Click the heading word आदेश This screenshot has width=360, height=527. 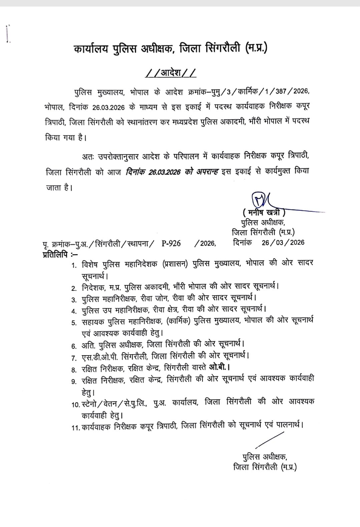pyautogui.click(x=171, y=73)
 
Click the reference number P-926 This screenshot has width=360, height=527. pyautogui.click(x=171, y=243)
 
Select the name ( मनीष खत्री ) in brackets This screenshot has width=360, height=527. pyautogui.click(x=264, y=212)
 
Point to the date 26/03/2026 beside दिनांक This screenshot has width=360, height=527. pyautogui.click(x=283, y=242)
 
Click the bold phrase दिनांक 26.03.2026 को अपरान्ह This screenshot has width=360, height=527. pyautogui.click(x=172, y=172)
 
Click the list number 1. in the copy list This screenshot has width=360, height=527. pyautogui.click(x=74, y=266)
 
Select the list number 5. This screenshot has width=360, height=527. pyautogui.click(x=74, y=323)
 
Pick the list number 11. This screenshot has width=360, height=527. pyautogui.click(x=75, y=428)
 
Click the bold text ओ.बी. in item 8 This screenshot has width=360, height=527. pyautogui.click(x=219, y=368)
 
